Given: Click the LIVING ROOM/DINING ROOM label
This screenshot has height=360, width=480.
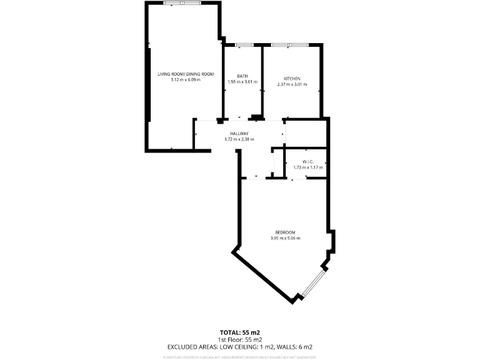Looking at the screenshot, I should tap(186, 74).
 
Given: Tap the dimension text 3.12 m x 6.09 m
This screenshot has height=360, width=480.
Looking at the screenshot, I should tap(186, 80).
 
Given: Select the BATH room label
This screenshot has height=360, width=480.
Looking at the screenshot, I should tap(242, 76).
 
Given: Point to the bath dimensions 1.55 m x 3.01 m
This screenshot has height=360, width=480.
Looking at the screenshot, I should tap(242, 82).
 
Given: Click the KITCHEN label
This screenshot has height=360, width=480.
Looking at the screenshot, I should tap(292, 78).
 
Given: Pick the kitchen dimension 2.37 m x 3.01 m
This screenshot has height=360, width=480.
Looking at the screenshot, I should tap(292, 84).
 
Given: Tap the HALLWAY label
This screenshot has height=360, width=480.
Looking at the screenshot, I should tap(239, 133).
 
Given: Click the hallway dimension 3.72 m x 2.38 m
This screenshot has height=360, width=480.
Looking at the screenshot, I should tap(239, 139).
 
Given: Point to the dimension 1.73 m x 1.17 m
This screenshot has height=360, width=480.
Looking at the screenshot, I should tap(306, 167).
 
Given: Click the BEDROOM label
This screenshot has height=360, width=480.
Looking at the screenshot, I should tap(285, 232).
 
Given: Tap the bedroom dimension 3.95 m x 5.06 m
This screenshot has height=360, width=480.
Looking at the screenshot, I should tap(285, 238).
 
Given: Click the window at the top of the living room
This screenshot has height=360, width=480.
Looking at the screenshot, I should tap(182, 3).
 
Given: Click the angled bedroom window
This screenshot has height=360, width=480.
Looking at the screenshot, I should tap(311, 284).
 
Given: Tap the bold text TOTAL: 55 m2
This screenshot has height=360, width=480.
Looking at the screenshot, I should tap(240, 332).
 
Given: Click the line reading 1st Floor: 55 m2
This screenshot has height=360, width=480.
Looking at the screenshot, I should tap(240, 339).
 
